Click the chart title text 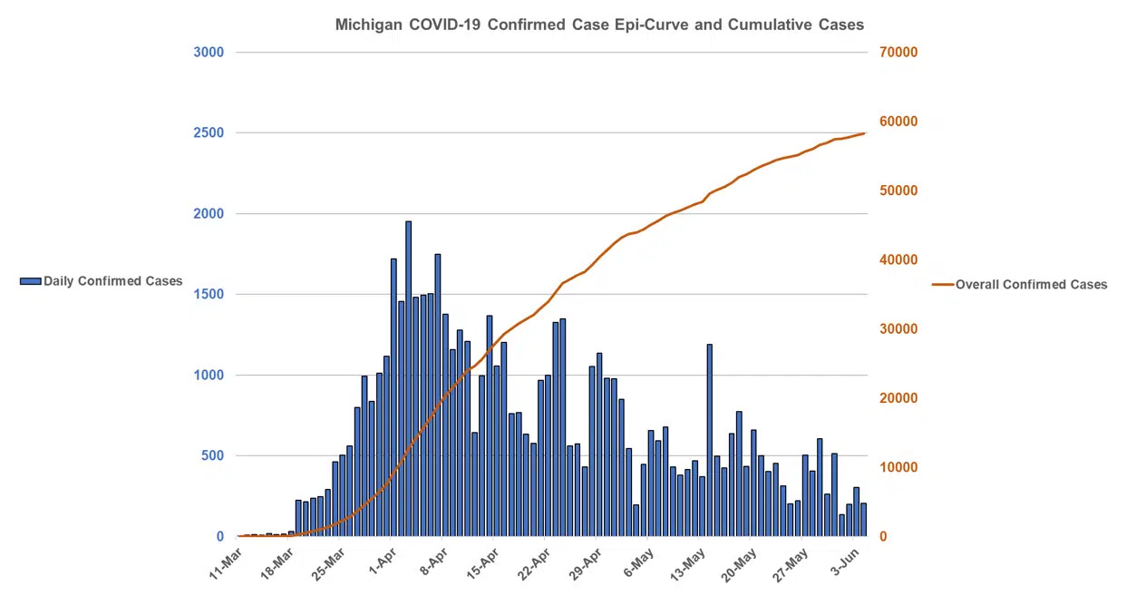point(599,24)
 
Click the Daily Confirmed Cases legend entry point(102,281)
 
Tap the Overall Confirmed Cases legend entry point(1019,284)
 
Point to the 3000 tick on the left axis point(209,52)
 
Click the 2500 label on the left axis point(209,132)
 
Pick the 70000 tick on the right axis point(898,52)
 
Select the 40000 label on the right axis point(898,259)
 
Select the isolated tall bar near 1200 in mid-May point(709,440)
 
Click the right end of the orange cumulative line point(864,133)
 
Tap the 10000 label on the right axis point(898,467)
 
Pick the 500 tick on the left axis point(211,455)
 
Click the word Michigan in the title point(369,24)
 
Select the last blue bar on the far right point(863,520)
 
